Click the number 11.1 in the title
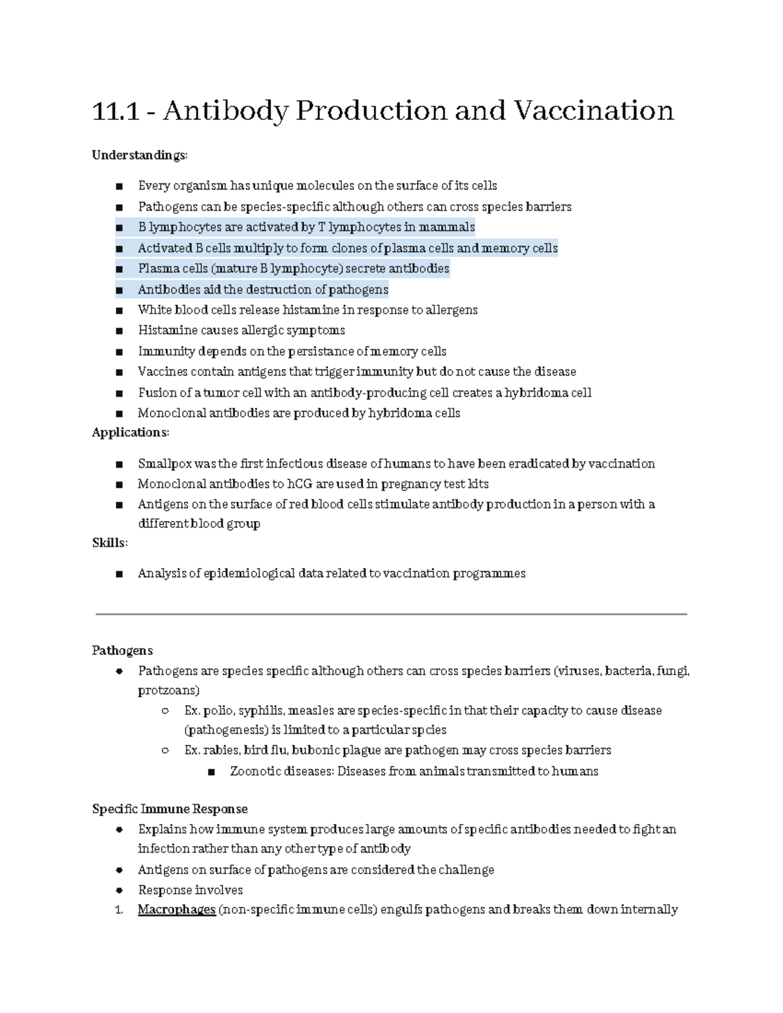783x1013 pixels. [x=116, y=111]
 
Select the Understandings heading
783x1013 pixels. [x=140, y=155]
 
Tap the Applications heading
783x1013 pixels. [x=130, y=432]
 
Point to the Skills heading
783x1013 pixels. [x=110, y=543]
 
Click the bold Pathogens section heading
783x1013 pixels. [x=122, y=650]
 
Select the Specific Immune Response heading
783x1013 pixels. [x=170, y=809]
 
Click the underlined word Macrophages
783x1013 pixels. [x=176, y=909]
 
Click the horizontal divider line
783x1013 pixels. [x=391, y=614]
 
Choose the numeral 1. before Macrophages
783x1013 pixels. [x=118, y=909]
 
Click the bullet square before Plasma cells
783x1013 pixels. [x=119, y=269]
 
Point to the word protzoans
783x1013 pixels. [x=168, y=690]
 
